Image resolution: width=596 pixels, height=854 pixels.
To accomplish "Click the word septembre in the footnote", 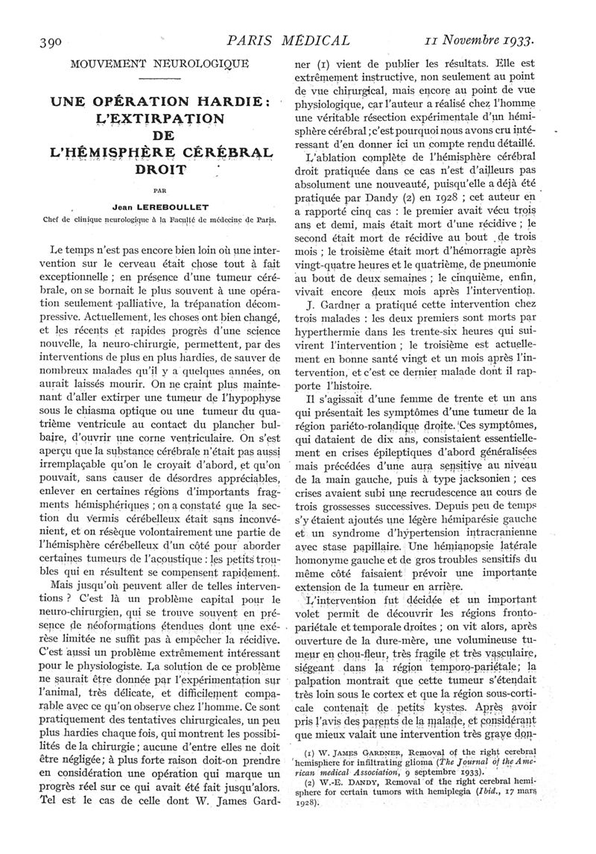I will coord(423,787).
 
